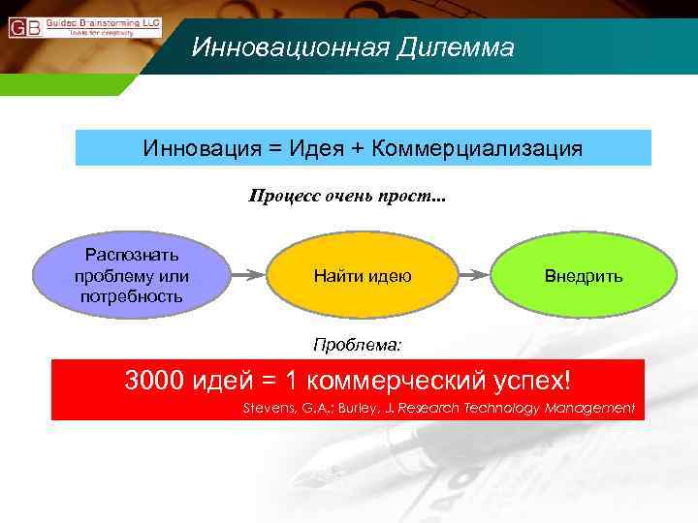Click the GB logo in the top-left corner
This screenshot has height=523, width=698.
coord(24,26)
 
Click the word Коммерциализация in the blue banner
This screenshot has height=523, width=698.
coord(477,148)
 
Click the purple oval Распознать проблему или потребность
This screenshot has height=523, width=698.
coord(132,275)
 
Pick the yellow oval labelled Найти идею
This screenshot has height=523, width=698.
coord(363,276)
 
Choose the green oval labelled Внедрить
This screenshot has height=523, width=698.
coord(583,276)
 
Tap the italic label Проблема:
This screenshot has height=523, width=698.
coord(356,343)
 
